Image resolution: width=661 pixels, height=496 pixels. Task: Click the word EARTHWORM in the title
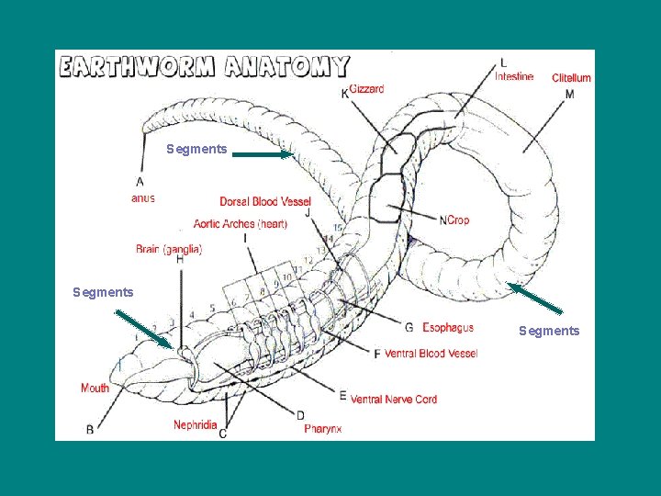135,67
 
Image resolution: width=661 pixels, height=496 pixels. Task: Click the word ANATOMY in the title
286,67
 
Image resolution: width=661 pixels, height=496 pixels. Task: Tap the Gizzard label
366,88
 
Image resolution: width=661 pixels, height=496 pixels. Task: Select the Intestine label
514,76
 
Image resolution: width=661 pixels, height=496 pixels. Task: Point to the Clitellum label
571,78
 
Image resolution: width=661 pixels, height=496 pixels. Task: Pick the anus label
142,197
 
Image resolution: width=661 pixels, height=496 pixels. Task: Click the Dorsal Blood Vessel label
265,201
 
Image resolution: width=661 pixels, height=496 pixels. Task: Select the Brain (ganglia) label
169,248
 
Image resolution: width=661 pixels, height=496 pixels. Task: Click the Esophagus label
448,328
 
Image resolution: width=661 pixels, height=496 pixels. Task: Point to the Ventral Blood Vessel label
431,354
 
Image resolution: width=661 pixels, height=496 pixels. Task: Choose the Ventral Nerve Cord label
394,399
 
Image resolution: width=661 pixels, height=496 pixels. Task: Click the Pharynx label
323,428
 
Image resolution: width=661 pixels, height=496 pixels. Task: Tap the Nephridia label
196,424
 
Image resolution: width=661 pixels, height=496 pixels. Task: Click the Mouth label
95,388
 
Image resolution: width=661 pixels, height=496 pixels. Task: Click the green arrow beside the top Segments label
262,155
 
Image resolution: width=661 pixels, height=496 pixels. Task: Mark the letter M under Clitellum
570,95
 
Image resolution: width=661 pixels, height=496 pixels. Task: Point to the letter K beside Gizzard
344,93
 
